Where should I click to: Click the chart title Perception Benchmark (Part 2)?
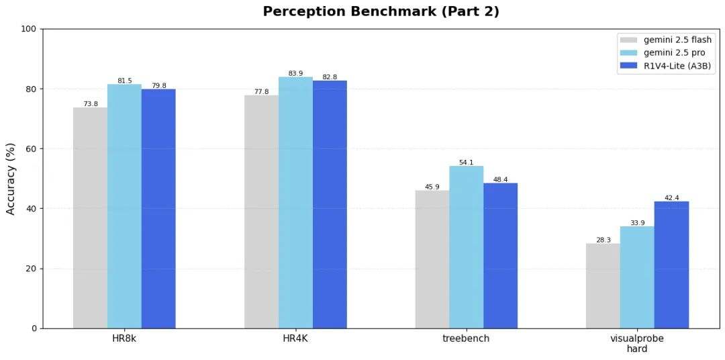[x=381, y=11]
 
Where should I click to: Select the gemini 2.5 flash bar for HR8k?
[x=90, y=218]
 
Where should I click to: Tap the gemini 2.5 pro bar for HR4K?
[x=295, y=202]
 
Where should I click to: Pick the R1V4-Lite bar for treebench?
[x=500, y=255]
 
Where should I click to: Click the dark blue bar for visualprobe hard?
[x=671, y=265]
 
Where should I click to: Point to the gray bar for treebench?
[x=432, y=259]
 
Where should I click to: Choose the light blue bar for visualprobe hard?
[x=637, y=277]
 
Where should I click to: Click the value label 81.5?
[x=124, y=81]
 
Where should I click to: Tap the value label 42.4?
[x=671, y=197]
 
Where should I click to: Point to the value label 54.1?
[x=466, y=163]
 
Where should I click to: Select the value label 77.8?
[x=261, y=92]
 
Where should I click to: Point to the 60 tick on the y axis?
[x=32, y=148]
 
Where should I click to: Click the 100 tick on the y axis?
[x=29, y=29]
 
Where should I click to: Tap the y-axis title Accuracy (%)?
[x=11, y=178]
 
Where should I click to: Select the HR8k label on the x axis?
[x=124, y=339]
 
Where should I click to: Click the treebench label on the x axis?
[x=466, y=339]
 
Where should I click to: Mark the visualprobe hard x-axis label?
[x=637, y=343]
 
